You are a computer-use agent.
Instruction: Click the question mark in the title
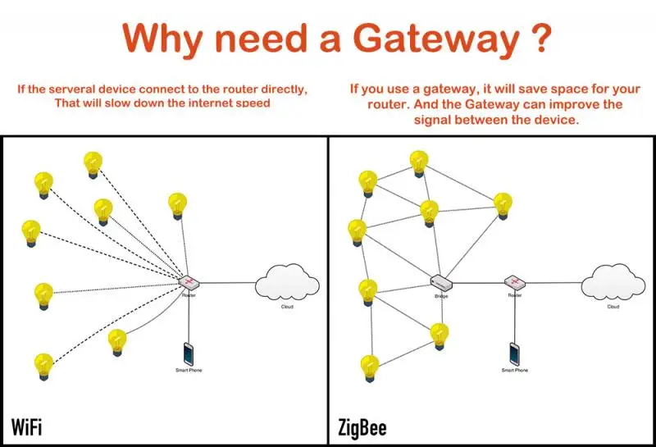531,39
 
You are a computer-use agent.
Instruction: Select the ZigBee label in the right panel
362,428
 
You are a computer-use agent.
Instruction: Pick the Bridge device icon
440,284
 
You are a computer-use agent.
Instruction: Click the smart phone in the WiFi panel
189,353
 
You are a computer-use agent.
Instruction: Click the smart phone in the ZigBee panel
514,353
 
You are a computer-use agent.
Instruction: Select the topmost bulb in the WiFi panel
93,165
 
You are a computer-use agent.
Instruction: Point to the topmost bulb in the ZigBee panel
419,162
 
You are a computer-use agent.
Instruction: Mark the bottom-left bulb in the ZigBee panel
371,367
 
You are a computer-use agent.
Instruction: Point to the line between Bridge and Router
478,284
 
